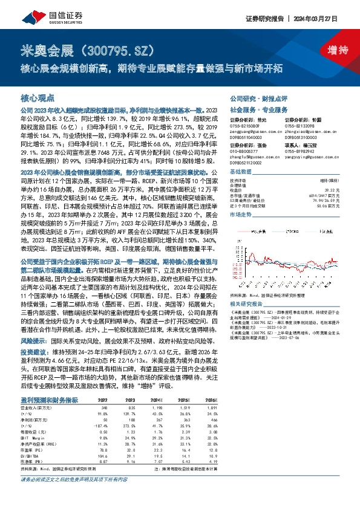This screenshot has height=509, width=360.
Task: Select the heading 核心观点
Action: pyautogui.click(x=38, y=97)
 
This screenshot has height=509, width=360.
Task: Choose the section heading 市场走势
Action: pyautogui.click(x=240, y=215)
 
